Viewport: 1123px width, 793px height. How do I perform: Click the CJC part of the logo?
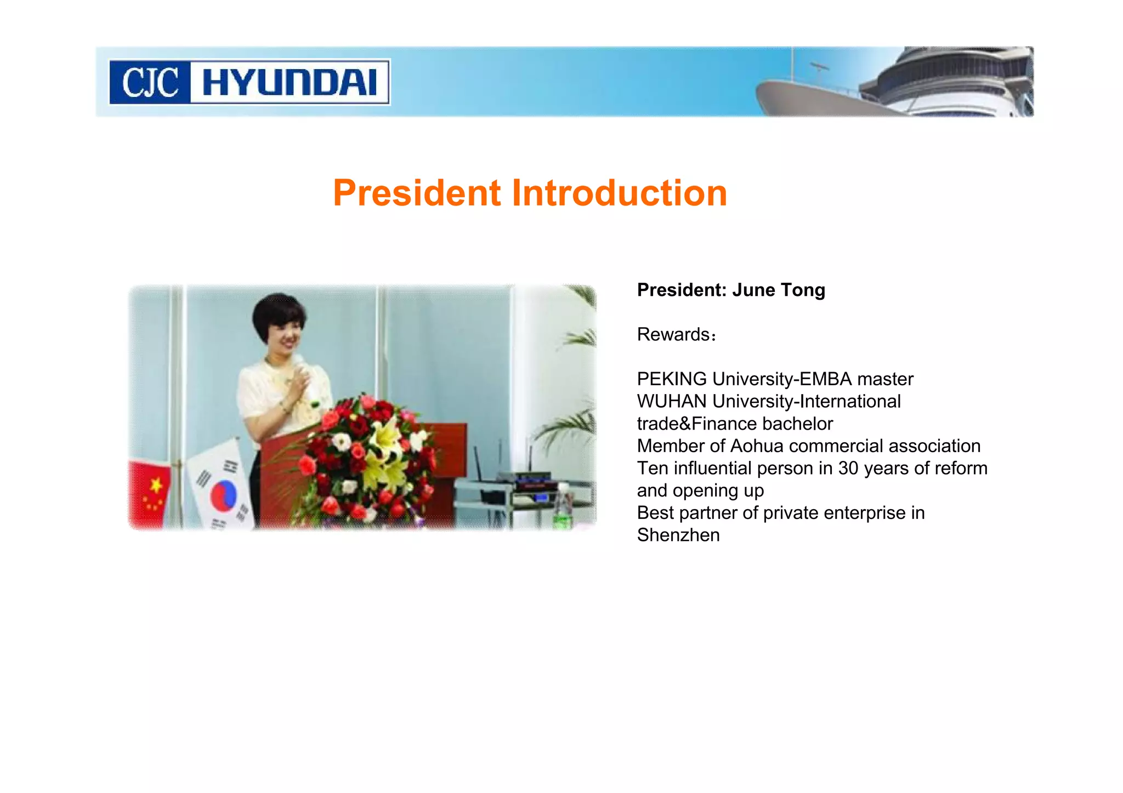tap(150, 83)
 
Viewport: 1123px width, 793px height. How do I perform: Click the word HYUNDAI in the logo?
tap(289, 83)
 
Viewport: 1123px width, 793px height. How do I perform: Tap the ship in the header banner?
tap(905, 85)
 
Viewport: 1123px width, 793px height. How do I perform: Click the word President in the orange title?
tap(417, 193)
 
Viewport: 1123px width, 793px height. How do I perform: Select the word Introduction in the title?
tap(619, 193)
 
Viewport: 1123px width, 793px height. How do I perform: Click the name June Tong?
tap(779, 290)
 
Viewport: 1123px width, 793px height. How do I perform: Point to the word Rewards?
tap(673, 334)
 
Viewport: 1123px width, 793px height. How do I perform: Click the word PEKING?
tap(672, 379)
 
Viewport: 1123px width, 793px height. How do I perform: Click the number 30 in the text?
tap(848, 469)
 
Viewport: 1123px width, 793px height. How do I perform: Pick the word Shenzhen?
tap(678, 535)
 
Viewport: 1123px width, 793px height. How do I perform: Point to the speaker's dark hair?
tap(277, 312)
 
